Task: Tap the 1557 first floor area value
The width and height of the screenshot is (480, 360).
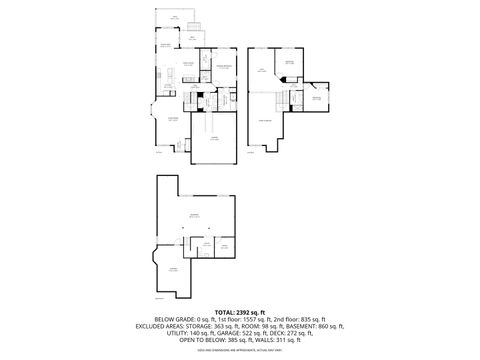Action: (260, 317)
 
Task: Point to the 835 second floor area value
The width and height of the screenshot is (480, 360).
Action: (318, 317)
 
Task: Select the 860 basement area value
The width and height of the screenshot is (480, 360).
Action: (331, 325)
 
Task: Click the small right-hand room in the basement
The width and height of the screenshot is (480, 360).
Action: (226, 246)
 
